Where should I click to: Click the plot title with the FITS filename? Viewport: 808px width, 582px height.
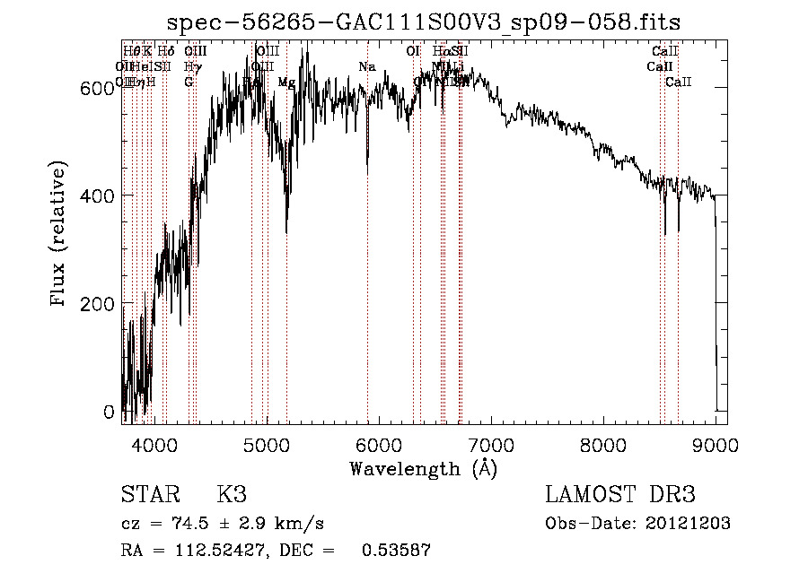coord(425,23)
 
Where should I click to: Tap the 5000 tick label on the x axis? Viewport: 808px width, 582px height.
coord(266,444)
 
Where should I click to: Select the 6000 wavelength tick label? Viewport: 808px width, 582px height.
coord(378,444)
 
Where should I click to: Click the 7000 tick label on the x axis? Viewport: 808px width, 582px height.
coord(490,444)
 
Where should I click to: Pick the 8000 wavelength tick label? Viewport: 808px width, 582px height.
coord(602,444)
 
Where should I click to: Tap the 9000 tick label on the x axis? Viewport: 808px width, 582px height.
coord(715,444)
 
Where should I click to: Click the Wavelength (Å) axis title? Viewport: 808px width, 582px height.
coord(423,468)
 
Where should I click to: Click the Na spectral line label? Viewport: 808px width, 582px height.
coord(366,66)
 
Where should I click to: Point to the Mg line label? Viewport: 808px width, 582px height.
coord(286,83)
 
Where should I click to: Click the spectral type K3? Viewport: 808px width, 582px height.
coord(231,495)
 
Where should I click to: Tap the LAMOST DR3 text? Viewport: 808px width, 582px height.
coord(620,495)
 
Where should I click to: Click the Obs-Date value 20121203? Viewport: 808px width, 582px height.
coord(689,524)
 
